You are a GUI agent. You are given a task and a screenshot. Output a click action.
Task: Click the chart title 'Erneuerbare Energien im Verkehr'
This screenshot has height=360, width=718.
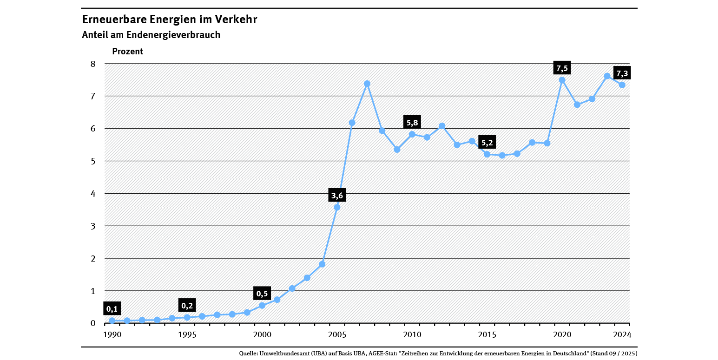point(169,20)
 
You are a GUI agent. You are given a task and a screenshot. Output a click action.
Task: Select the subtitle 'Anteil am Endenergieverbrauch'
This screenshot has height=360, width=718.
point(151,35)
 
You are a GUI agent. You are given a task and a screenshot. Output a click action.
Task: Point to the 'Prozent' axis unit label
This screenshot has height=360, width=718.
point(128,52)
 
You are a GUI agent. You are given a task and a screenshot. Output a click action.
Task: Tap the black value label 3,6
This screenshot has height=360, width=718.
point(337,195)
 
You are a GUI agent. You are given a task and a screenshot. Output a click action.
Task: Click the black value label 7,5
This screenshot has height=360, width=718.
point(562,68)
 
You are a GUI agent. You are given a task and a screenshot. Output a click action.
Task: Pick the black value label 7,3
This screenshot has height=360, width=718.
point(622,73)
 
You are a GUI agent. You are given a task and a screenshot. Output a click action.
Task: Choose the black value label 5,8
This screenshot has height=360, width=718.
point(412,123)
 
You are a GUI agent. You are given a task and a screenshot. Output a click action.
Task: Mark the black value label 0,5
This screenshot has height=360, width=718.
point(262,294)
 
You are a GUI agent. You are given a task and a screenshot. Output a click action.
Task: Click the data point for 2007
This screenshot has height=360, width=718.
point(367,84)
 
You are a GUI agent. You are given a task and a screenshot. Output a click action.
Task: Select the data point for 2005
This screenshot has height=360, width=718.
point(337,207)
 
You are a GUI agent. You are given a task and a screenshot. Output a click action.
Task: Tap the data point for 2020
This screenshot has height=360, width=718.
point(562,80)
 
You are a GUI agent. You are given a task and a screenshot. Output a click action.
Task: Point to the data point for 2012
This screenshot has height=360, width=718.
point(442,126)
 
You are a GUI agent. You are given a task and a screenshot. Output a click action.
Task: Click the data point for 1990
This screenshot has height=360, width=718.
point(112,321)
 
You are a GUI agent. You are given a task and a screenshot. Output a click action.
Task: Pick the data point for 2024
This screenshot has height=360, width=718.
point(622,85)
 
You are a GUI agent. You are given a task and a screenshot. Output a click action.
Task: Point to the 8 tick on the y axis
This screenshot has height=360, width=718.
point(92,64)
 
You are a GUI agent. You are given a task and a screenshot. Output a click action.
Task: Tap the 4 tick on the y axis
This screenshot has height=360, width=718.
point(92,194)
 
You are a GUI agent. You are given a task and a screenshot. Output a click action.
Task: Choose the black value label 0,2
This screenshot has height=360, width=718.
point(187,306)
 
